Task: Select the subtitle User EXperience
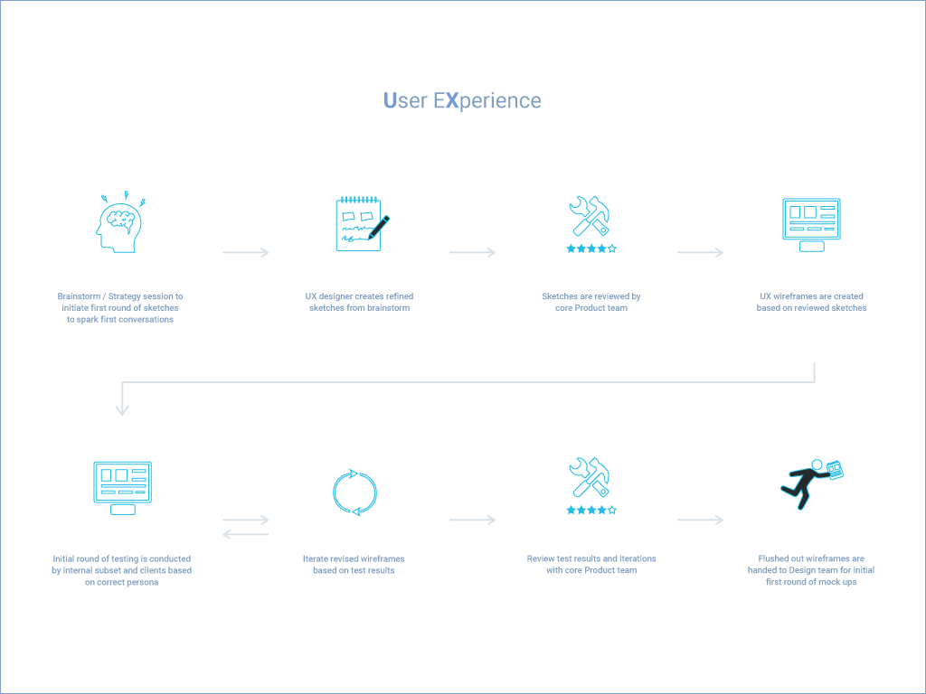[x=462, y=100]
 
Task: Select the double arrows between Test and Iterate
[x=246, y=527]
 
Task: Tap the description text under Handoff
[x=811, y=570]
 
